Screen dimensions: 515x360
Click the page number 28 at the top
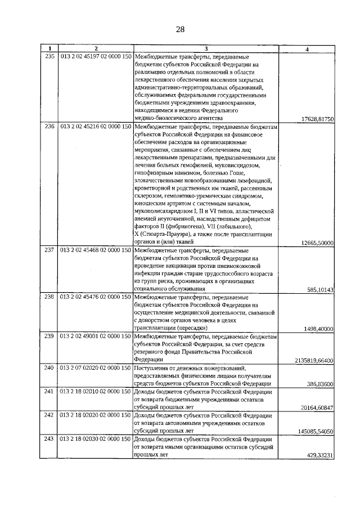[x=180, y=29]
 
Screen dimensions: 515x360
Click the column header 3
[x=206, y=49]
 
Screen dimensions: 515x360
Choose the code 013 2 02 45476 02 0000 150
[x=96, y=297]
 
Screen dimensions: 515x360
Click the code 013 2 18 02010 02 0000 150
[x=96, y=391]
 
